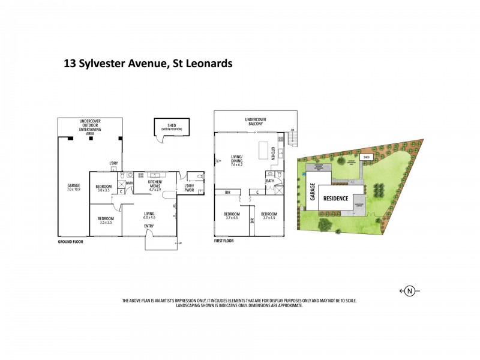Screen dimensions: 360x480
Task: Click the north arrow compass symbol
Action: [x=409, y=291]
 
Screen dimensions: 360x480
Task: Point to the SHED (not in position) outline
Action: [x=172, y=127]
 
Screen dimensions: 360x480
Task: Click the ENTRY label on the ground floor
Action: [x=148, y=226]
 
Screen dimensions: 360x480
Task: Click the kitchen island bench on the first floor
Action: [x=262, y=150]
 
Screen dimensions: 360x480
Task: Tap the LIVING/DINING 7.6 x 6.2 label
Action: [x=240, y=161]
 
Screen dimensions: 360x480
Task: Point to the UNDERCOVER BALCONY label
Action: [x=255, y=121]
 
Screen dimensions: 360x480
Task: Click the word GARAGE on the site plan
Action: [x=311, y=191]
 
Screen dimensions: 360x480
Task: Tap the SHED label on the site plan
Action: [x=367, y=157]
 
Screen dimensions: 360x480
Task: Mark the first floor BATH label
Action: [x=270, y=180]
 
